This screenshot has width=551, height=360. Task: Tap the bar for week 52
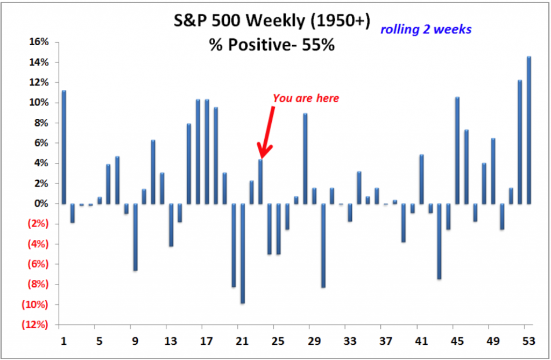(x=520, y=142)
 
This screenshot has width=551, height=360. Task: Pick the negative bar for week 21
(x=243, y=253)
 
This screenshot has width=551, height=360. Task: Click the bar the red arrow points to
(x=260, y=181)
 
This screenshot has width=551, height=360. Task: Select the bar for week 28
(x=305, y=159)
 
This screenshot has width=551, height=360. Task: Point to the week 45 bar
(x=457, y=151)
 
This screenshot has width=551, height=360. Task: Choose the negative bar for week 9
(x=135, y=237)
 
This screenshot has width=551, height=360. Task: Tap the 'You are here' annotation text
(x=306, y=98)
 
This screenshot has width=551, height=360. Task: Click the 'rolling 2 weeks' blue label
(x=426, y=29)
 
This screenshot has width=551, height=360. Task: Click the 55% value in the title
(x=321, y=45)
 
